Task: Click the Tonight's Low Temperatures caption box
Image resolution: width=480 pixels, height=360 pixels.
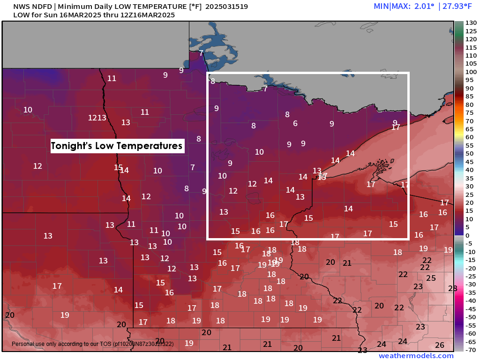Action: coord(116,146)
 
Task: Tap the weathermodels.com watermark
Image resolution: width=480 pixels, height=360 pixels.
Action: coord(416,356)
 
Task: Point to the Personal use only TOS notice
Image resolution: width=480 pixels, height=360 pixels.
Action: coord(92,344)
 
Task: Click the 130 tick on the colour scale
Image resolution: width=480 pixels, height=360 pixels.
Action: coord(471,22)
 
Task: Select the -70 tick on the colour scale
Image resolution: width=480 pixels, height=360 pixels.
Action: coord(471,349)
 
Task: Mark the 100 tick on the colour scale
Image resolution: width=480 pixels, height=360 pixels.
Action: coord(471,72)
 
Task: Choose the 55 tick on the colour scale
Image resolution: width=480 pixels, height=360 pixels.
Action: coord(471,145)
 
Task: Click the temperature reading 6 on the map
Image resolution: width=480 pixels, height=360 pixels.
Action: coord(295,123)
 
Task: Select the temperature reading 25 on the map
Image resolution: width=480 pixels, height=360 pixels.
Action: coord(431,278)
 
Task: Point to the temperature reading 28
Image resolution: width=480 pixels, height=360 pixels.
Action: coord(452,288)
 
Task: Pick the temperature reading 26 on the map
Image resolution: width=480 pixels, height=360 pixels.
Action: coord(439,345)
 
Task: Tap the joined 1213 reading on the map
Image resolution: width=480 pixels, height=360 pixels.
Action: coord(97,118)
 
